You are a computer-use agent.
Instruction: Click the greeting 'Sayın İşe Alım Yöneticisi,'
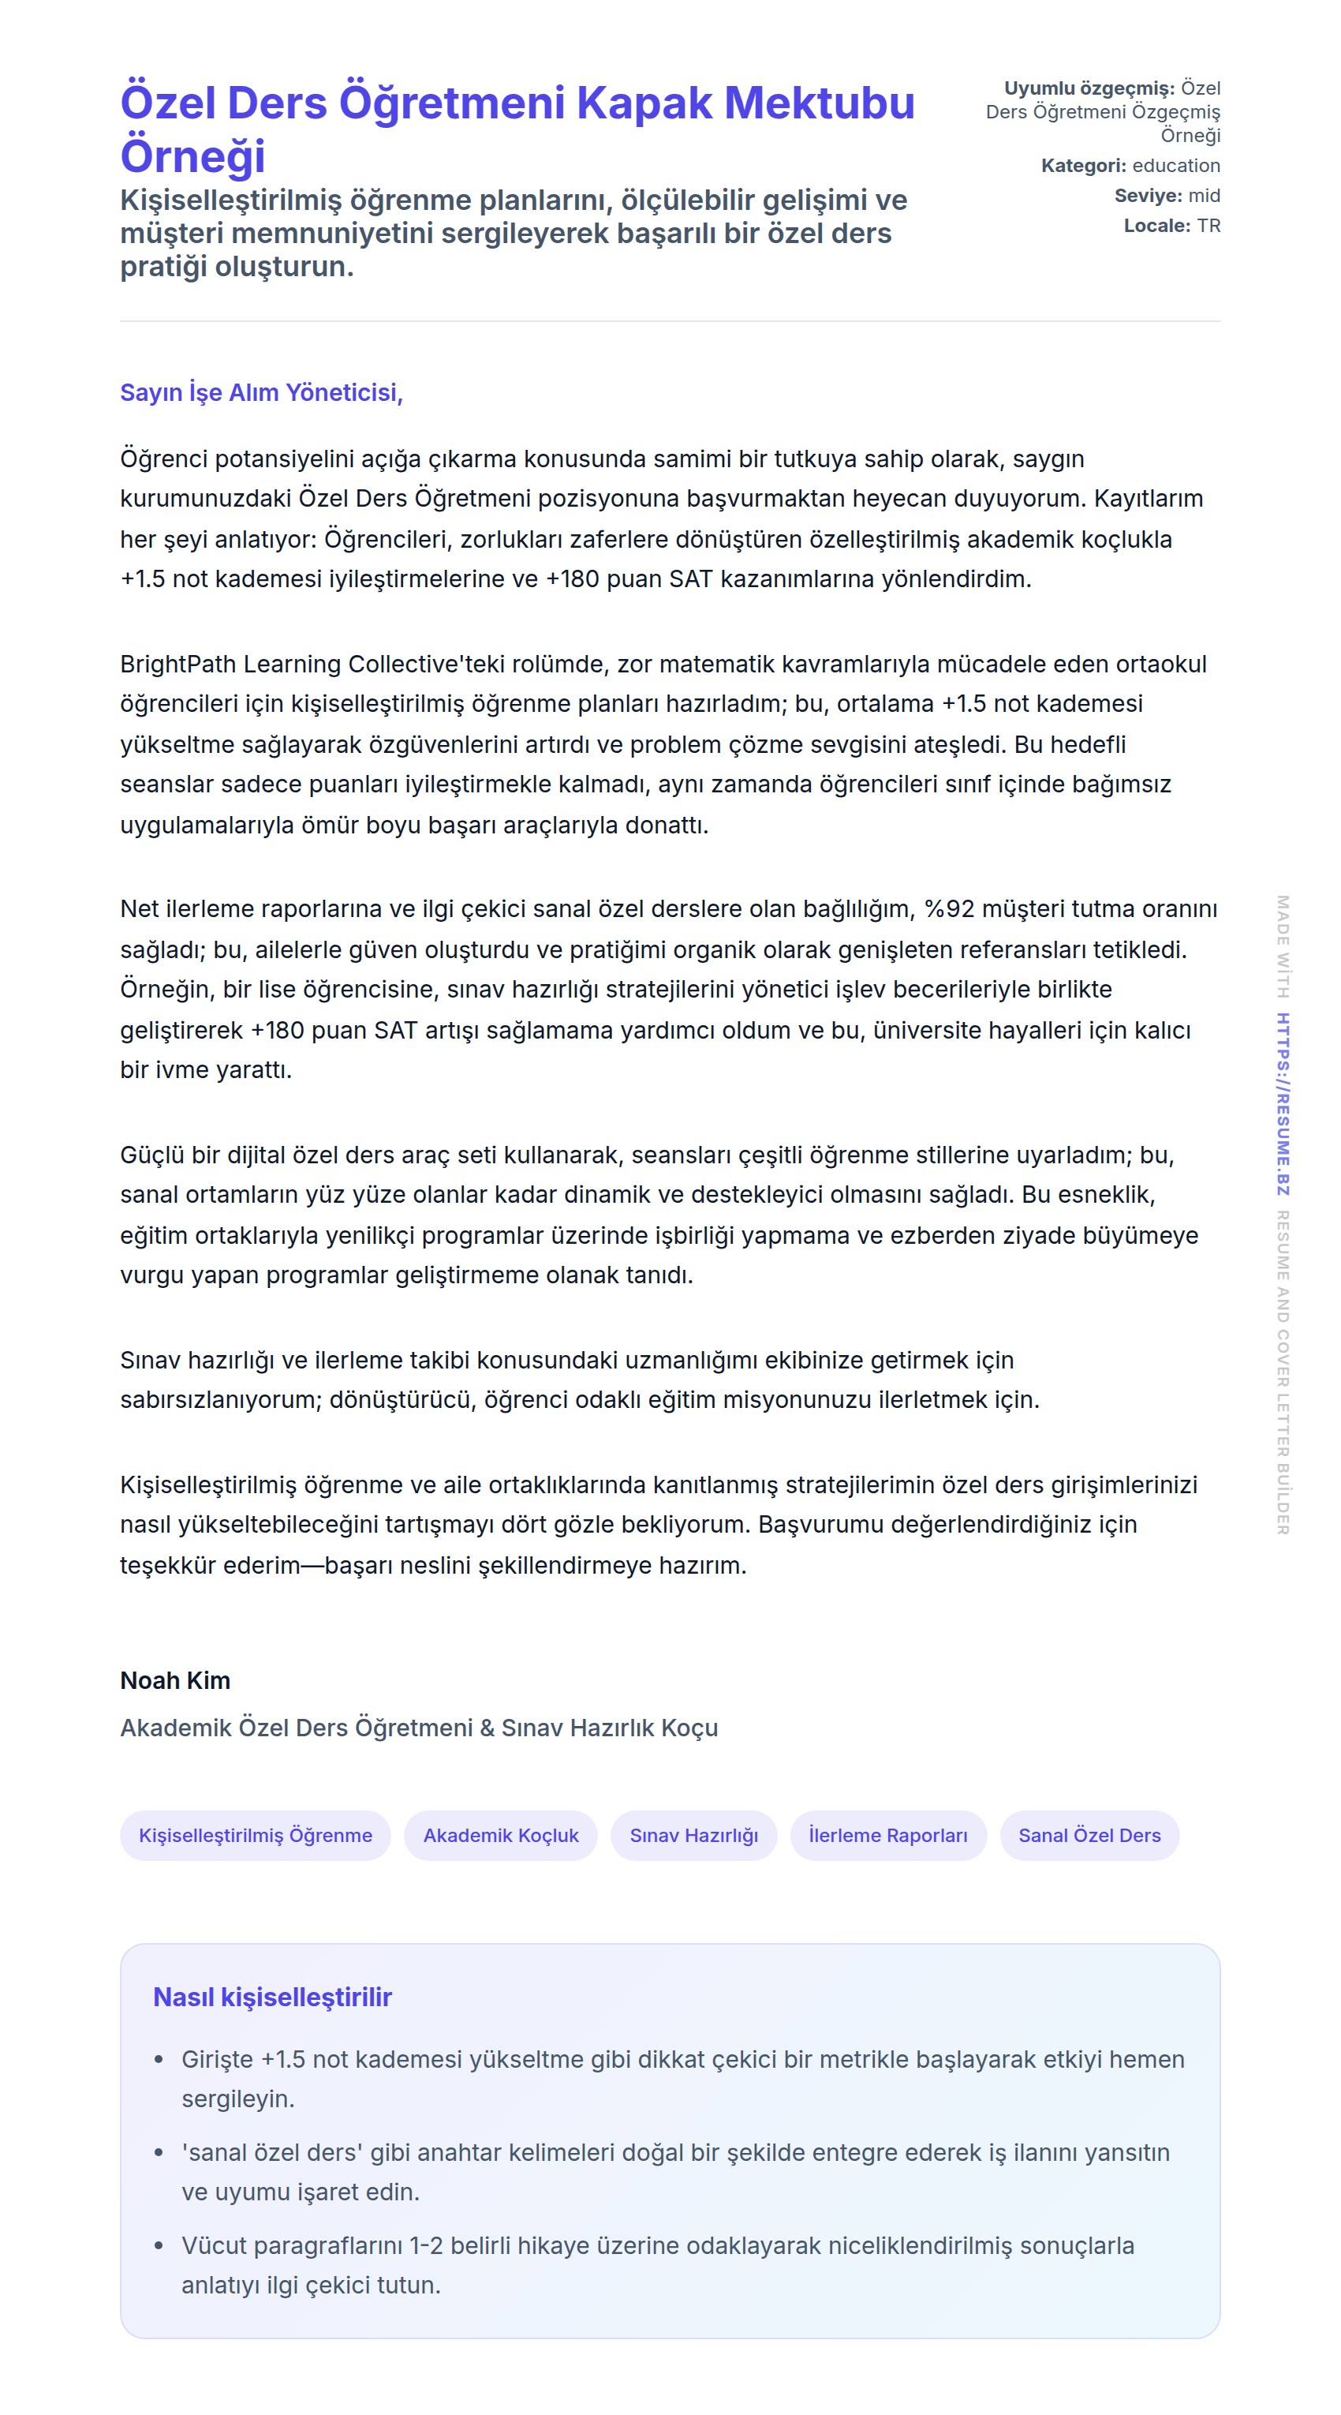[x=261, y=392]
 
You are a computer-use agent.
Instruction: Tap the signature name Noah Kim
[x=175, y=1680]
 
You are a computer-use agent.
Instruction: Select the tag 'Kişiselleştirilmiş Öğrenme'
[x=255, y=1835]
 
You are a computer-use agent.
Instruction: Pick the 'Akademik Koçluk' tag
[x=500, y=1835]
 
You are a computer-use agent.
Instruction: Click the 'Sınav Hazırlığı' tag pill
[x=693, y=1835]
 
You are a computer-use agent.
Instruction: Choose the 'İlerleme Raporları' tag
[x=887, y=1835]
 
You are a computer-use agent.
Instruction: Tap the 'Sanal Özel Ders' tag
[x=1089, y=1835]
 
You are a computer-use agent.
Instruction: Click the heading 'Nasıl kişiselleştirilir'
[x=272, y=1997]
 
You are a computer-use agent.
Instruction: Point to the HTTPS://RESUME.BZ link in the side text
[x=1283, y=1103]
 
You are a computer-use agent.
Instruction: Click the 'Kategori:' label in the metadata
[x=1083, y=166]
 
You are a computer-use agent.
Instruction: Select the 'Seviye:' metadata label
[x=1148, y=196]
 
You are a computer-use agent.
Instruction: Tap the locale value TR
[x=1208, y=226]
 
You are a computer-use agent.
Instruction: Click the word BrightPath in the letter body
[x=178, y=664]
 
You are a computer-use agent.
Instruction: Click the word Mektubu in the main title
[x=819, y=103]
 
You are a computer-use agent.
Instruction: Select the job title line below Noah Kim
[x=419, y=1727]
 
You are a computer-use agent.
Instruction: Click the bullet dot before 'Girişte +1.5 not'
[x=159, y=2060]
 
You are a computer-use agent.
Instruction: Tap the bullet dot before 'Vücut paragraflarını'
[x=159, y=2245]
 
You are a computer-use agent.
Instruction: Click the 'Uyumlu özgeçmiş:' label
[x=1089, y=88]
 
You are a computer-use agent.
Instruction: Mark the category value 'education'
[x=1176, y=166]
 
